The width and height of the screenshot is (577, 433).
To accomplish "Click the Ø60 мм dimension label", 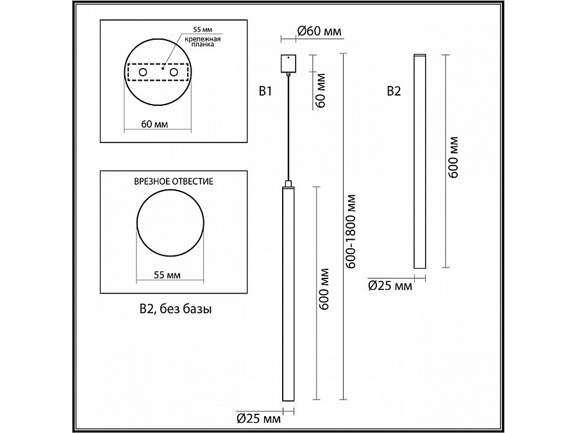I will (x=319, y=30).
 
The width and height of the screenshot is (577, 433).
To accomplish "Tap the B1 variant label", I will (x=266, y=92).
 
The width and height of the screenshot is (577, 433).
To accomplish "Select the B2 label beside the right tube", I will (x=394, y=92).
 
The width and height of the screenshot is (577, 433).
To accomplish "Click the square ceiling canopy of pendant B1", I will (x=290, y=64).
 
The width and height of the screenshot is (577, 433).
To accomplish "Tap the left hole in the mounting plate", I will (x=142, y=74).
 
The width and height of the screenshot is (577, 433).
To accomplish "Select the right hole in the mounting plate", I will (x=173, y=74).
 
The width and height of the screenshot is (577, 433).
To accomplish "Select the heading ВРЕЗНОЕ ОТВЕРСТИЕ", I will (x=173, y=182).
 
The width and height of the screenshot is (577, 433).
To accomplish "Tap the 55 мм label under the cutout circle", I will (x=167, y=275).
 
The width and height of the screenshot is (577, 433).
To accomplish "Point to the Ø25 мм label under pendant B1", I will (x=258, y=420).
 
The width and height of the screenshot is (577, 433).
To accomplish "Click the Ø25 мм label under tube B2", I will (x=390, y=286).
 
